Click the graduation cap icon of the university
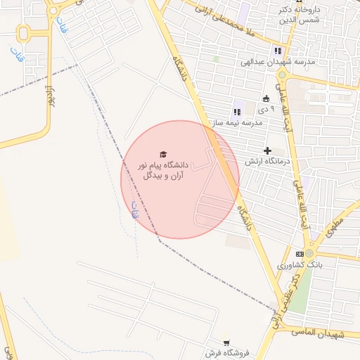tap(163, 154)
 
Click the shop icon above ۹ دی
tap(266, 98)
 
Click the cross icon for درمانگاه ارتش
tap(267, 150)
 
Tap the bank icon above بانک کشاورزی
tap(300, 253)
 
